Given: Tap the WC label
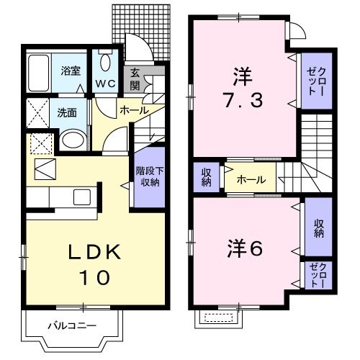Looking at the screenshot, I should (106, 83).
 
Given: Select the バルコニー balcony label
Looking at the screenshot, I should (72, 325).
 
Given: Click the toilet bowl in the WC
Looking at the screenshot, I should (105, 62).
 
